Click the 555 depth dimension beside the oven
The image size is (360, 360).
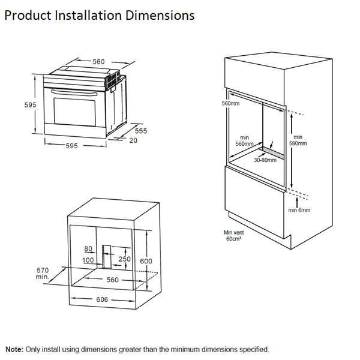(x=141, y=130)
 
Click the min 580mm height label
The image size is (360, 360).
(x=298, y=140)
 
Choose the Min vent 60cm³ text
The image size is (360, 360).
(x=233, y=235)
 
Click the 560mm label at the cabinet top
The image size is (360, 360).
(x=231, y=103)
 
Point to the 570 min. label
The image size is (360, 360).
(x=43, y=273)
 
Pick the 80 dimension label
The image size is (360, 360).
(x=88, y=248)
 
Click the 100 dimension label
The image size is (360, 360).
(x=88, y=260)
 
